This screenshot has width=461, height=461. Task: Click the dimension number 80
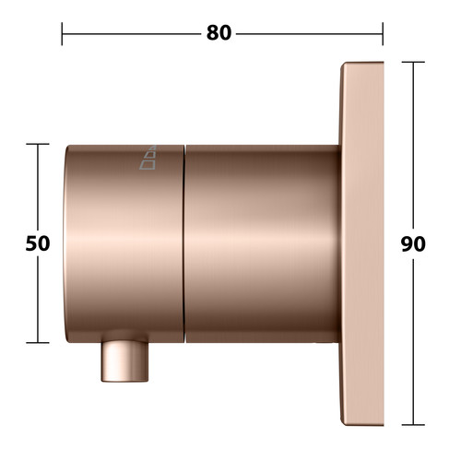click(219, 33)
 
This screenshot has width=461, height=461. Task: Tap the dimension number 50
click(38, 243)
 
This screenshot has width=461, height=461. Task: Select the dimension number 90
click(413, 244)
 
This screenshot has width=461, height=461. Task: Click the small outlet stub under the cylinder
click(124, 361)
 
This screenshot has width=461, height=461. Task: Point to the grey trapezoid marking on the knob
click(148, 158)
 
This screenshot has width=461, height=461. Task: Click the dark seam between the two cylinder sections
click(184, 243)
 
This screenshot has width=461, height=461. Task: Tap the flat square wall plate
click(362, 243)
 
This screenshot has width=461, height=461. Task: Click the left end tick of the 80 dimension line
click(62, 34)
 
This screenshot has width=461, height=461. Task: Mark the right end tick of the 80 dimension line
click(383, 34)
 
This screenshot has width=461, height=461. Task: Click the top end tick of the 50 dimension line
click(38, 144)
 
